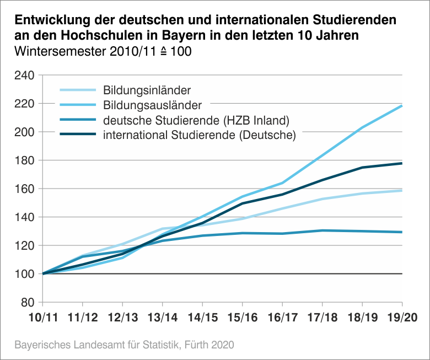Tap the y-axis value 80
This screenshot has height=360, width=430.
tap(28, 303)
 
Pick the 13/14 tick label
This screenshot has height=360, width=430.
tap(162, 319)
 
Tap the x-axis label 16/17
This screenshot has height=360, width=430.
tap(282, 319)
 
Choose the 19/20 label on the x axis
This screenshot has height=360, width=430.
tap(402, 319)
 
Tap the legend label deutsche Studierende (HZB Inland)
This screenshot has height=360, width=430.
tap(196, 120)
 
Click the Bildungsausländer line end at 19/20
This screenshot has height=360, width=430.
tap(401, 105)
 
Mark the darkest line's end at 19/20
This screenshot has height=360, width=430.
tap(401, 163)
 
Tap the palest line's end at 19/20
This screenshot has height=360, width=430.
tap(401, 190)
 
